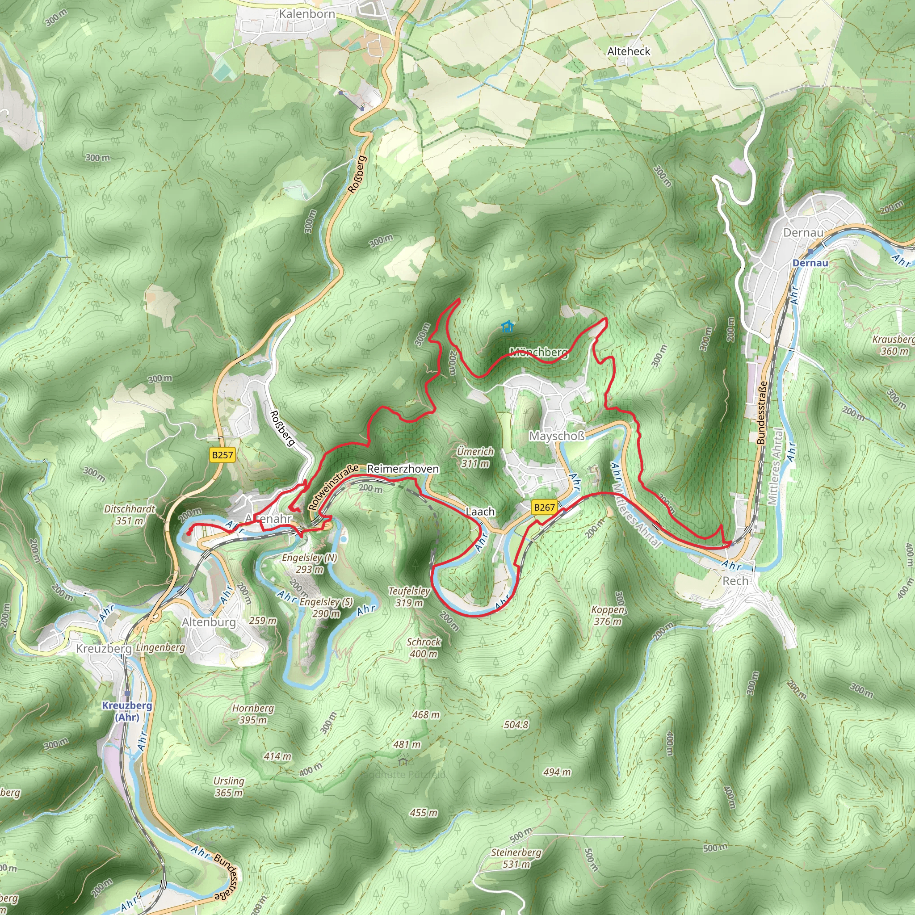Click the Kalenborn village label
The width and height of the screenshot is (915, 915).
point(307,14)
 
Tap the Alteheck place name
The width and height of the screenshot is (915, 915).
point(629,51)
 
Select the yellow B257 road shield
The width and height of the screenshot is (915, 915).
point(222,455)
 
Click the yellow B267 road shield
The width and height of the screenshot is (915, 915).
point(544,507)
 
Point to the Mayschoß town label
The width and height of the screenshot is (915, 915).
point(557,436)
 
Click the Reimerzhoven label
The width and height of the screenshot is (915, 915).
point(403,469)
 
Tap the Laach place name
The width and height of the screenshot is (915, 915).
point(480,512)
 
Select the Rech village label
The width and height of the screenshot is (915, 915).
point(735,581)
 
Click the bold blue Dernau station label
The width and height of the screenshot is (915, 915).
point(810,263)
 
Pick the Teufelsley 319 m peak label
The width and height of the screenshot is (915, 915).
point(409,597)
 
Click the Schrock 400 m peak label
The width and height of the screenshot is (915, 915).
point(424,648)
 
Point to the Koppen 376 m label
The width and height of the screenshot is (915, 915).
point(608,615)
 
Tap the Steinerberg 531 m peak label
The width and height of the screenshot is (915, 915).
point(516,858)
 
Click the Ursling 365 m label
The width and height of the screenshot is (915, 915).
point(229,787)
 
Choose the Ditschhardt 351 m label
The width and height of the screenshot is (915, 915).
point(129,515)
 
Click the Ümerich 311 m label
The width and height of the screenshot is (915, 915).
point(475,457)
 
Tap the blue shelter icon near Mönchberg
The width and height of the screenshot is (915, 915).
point(507,326)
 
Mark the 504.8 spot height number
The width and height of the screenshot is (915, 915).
point(516,725)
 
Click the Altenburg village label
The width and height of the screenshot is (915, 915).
point(209,622)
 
